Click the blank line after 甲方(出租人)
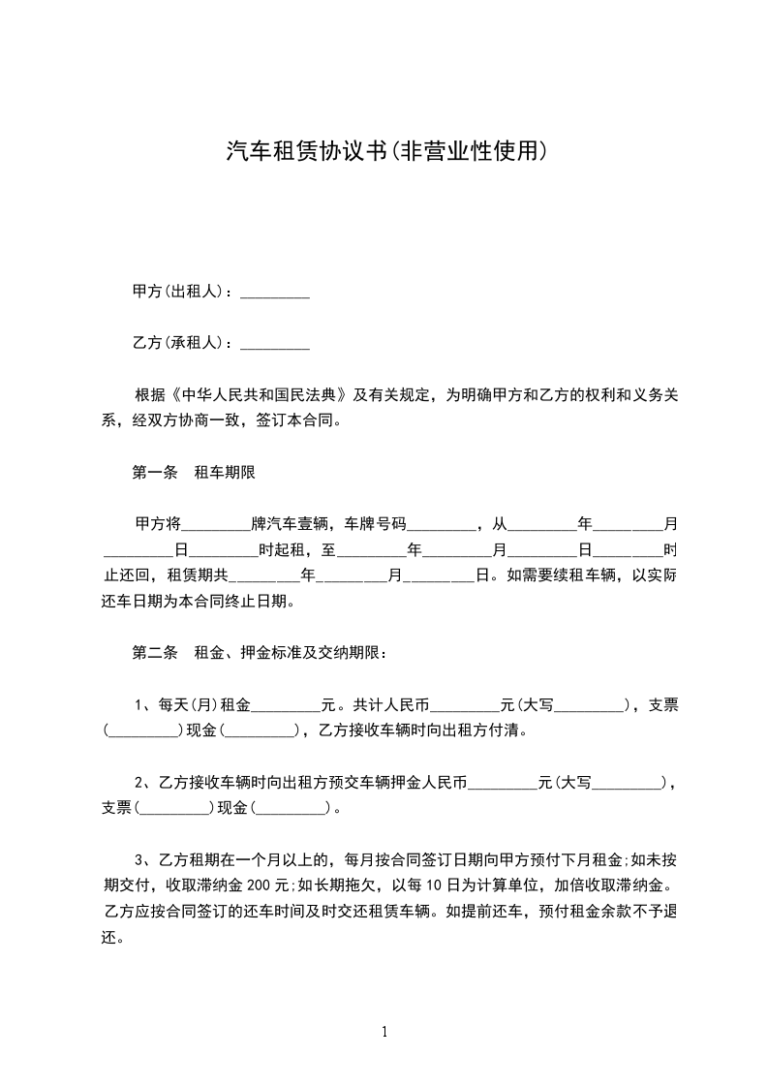pos(274,292)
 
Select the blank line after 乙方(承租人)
pos(274,344)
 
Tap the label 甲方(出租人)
pos(182,291)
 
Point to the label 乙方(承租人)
pos(182,343)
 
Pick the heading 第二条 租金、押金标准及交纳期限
pos(260,653)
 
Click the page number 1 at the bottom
pos(384,1032)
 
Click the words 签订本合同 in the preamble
pos(298,421)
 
